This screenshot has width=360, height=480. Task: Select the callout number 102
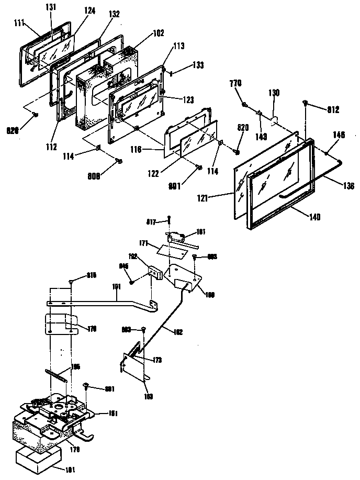[x=158, y=33]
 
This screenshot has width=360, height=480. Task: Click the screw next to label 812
[x=305, y=104]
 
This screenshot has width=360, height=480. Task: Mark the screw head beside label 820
[x=236, y=152]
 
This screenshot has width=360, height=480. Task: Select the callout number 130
[x=274, y=93]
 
